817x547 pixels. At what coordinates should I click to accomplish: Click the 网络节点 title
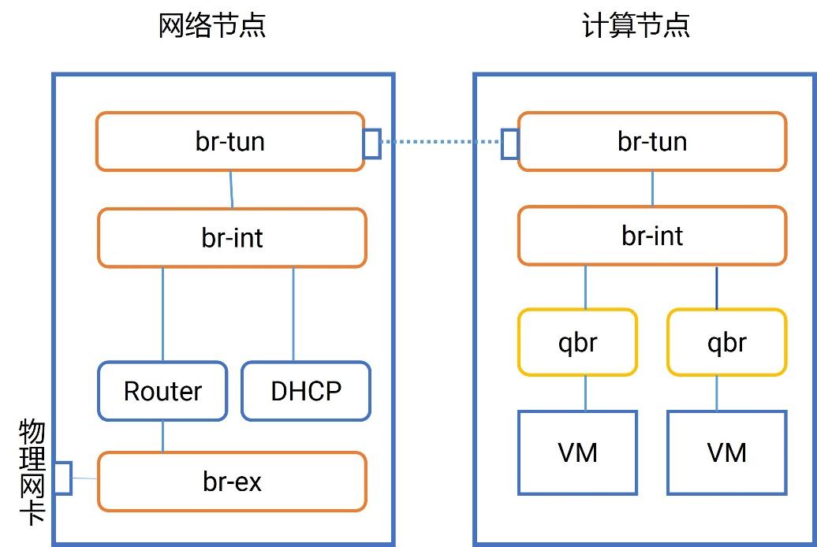(212, 25)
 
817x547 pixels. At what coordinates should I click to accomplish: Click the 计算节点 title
(636, 25)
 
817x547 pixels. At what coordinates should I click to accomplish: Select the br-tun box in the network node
(229, 142)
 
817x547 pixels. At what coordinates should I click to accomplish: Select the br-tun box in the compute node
(651, 142)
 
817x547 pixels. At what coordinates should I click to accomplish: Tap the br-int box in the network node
(232, 238)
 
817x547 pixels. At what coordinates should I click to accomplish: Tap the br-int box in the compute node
(651, 236)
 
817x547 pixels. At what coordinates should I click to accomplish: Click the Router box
(162, 391)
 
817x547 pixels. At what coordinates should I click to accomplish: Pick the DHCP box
(305, 391)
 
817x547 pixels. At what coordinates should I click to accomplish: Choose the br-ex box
(232, 482)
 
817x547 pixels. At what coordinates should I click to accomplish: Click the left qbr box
(577, 342)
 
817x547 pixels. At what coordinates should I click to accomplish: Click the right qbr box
(726, 342)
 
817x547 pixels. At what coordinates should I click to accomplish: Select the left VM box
(577, 452)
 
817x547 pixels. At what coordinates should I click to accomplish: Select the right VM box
(726, 452)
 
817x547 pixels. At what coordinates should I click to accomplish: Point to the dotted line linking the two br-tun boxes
(441, 143)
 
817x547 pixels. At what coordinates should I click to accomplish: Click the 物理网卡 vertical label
(32, 478)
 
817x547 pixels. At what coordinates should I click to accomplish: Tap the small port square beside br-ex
(62, 478)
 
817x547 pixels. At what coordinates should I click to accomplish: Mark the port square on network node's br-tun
(371, 143)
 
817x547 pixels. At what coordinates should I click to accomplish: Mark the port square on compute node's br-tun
(510, 143)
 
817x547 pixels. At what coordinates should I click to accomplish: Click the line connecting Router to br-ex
(163, 436)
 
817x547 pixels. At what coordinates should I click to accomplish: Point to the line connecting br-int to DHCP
(293, 314)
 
